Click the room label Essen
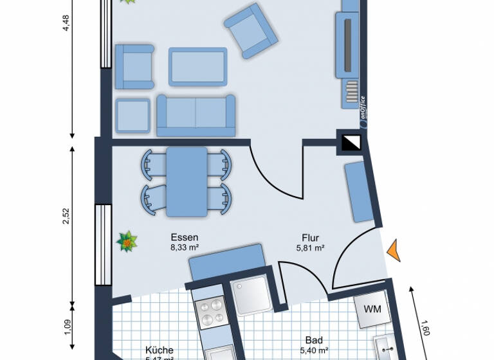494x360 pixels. coord(184,237)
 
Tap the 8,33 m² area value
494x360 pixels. coord(184,246)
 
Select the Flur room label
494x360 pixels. coord(309,237)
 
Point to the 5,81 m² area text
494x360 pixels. coord(309,247)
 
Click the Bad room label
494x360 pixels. coord(314,340)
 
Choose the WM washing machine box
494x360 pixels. coord(372,310)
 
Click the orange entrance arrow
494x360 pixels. coord(394,249)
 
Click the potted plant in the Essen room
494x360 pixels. coord(127,242)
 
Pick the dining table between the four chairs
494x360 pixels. coord(187,181)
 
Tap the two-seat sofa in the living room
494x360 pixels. coord(196,115)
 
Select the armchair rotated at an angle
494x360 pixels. coord(249,31)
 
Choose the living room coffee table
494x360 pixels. coord(197,66)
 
